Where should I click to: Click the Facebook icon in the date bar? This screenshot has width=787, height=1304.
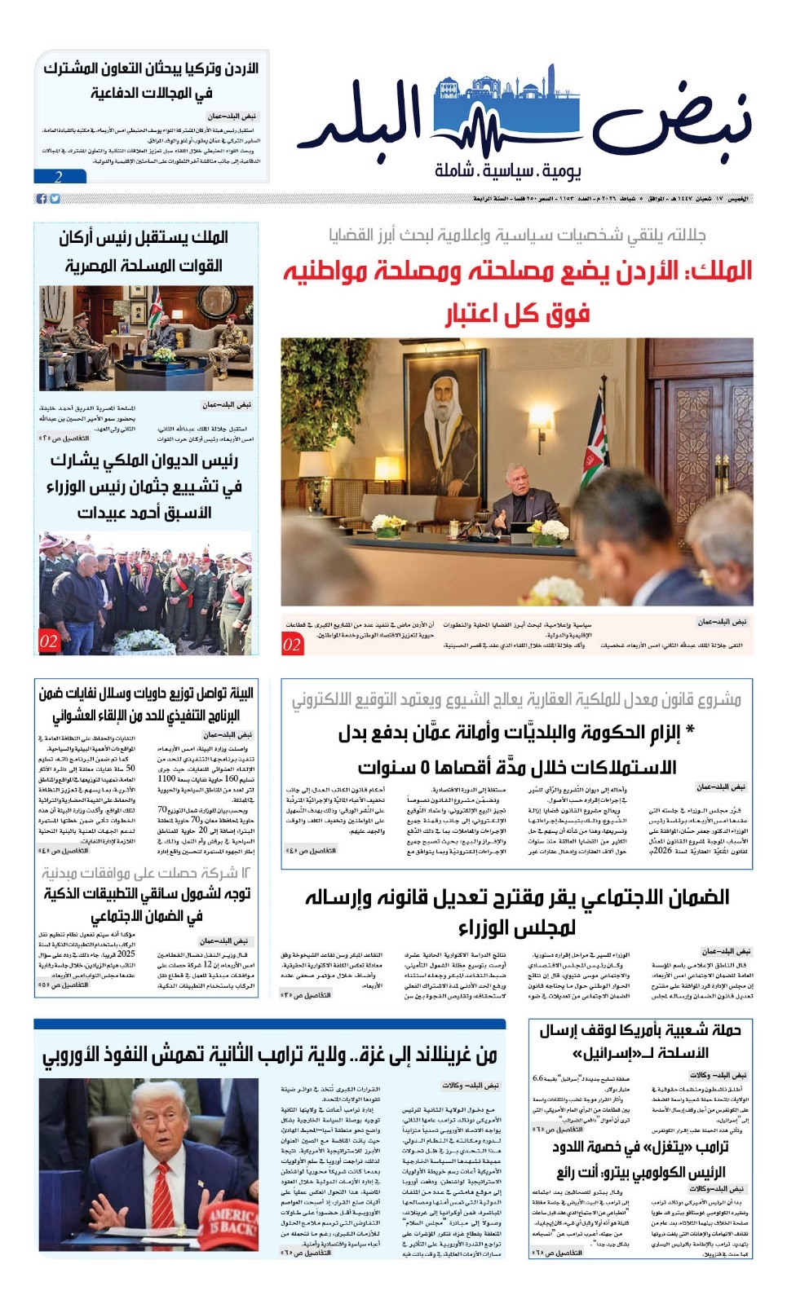[42, 199]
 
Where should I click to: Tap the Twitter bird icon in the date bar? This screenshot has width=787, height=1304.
[55, 199]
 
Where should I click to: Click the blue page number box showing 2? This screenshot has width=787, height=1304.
[60, 176]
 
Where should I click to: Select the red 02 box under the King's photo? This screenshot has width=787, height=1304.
[292, 645]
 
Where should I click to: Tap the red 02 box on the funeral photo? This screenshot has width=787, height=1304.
[49, 641]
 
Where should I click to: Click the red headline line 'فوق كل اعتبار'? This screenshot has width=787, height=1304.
[517, 314]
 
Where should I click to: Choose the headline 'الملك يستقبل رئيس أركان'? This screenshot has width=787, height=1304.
[144, 237]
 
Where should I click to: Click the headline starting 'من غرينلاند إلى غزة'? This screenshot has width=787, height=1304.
[269, 1055]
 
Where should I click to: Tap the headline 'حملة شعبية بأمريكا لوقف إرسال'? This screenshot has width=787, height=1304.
[639, 1030]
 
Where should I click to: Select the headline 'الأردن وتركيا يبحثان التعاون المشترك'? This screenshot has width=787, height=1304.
[150, 68]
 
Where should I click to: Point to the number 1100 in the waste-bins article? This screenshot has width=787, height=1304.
[166, 778]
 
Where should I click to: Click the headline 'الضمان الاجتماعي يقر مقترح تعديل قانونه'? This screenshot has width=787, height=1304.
[517, 897]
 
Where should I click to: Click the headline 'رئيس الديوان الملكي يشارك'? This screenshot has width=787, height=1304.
[144, 460]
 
